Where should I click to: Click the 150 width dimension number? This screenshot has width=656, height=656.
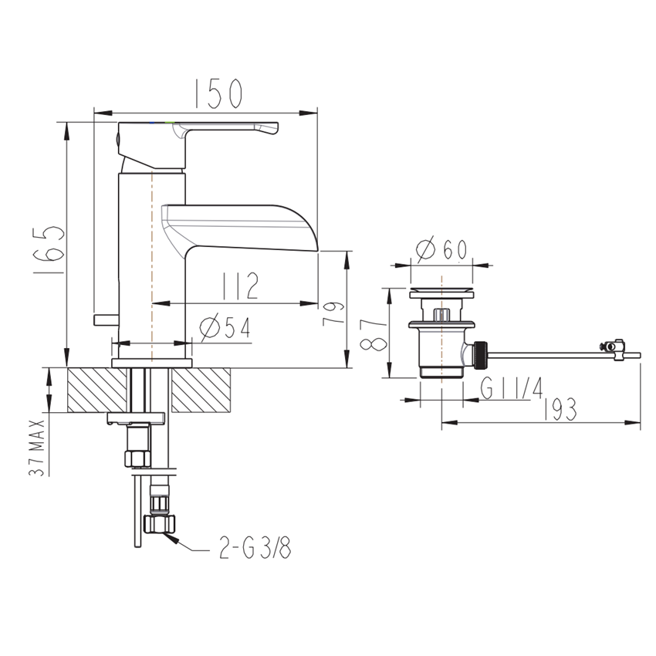point(219,93)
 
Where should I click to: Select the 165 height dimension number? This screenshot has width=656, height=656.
point(49,250)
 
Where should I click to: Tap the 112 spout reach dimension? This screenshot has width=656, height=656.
point(240,286)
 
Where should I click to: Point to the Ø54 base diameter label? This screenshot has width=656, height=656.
point(225,326)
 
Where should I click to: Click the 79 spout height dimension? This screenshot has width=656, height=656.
point(333,313)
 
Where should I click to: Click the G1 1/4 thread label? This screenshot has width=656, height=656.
point(512,388)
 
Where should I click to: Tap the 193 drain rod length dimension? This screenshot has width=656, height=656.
point(560,409)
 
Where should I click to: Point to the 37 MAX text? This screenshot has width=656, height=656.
point(36,448)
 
